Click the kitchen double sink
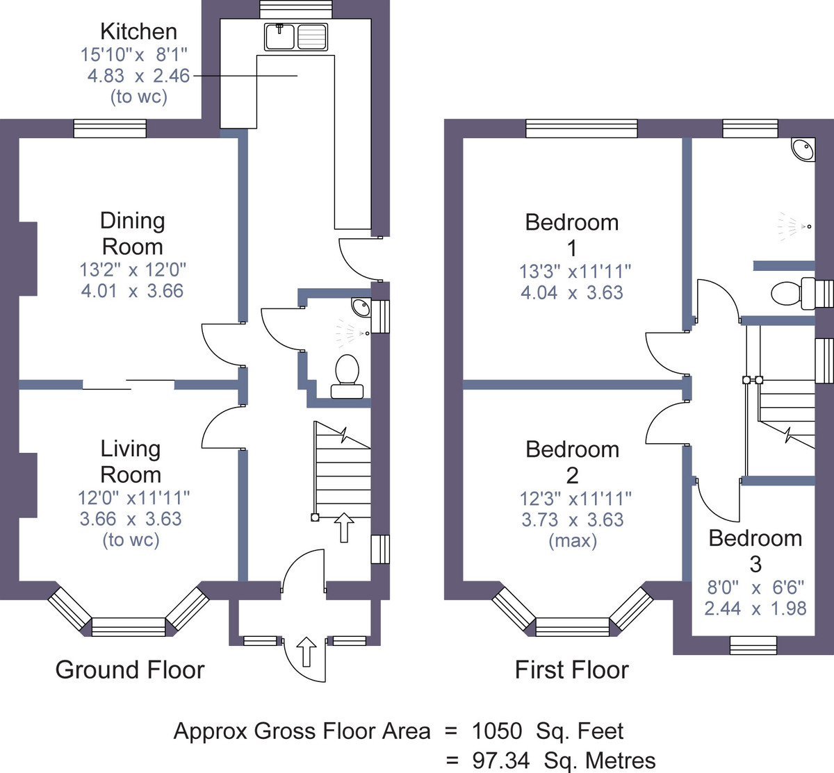(x=295, y=37)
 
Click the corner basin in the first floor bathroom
(x=803, y=149)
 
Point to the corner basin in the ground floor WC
(x=361, y=307)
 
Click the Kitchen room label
(x=138, y=31)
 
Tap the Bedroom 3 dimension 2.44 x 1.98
(x=755, y=608)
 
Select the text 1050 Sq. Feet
(x=548, y=731)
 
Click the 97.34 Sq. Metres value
(x=564, y=760)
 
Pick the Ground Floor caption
(x=130, y=670)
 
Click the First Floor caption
(x=571, y=670)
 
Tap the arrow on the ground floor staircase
(x=344, y=527)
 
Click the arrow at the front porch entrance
(x=306, y=651)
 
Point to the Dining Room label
(x=133, y=233)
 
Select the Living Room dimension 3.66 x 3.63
(x=131, y=519)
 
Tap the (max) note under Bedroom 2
(x=573, y=540)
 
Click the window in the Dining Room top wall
(x=110, y=128)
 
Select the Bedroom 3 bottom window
(x=753, y=645)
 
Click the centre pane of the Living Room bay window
(x=129, y=627)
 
